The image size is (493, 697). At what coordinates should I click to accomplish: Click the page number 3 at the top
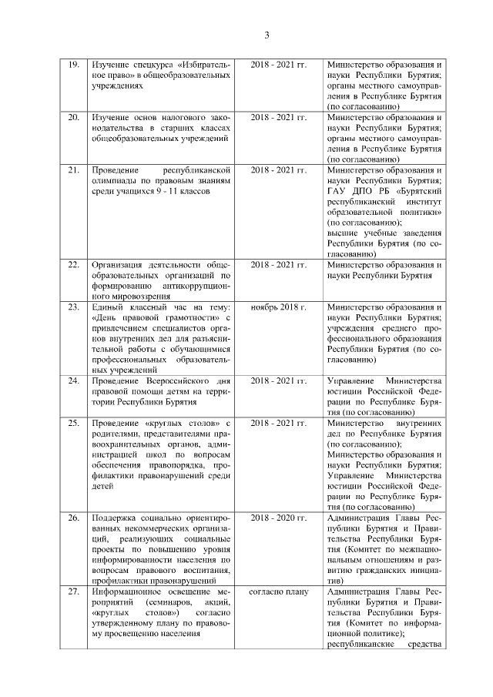(267, 35)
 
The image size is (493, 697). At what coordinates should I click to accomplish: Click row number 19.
(74, 64)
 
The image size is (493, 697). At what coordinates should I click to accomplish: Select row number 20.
(74, 116)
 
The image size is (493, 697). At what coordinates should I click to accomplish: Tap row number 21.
(74, 169)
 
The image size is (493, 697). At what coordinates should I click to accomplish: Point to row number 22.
(74, 264)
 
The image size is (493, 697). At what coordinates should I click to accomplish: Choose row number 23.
(74, 307)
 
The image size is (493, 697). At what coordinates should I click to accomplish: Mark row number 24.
(74, 381)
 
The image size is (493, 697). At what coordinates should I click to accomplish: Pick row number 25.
(74, 424)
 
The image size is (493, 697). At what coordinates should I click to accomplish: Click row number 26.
(74, 517)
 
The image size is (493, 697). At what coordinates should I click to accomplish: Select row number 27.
(74, 591)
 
